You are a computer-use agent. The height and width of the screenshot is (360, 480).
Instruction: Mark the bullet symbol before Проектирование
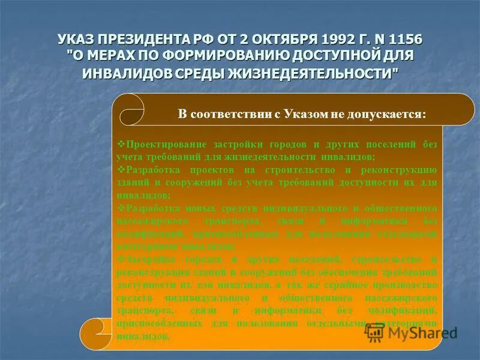click(x=120, y=145)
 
